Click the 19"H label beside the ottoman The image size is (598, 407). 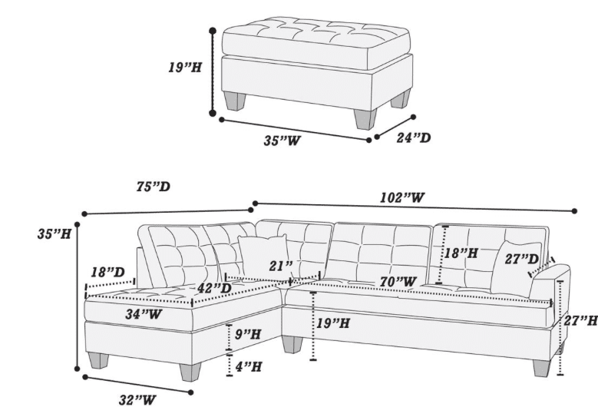[185, 68]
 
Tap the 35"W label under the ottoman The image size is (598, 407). [282, 141]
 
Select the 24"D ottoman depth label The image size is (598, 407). [414, 137]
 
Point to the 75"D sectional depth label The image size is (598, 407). [154, 187]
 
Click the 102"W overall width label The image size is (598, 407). [402, 197]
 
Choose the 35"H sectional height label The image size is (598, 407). [55, 233]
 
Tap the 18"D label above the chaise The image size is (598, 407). [108, 272]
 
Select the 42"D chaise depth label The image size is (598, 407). [214, 288]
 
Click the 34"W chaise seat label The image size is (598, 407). [144, 314]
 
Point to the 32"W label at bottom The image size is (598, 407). [137, 400]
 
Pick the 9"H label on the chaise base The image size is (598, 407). [248, 334]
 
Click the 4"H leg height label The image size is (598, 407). [249, 366]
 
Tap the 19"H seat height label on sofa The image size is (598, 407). [333, 323]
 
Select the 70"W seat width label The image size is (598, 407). [398, 282]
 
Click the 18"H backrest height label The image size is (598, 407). [461, 253]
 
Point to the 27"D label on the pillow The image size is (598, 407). [522, 259]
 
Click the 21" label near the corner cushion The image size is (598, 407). [281, 266]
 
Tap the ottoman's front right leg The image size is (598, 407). [365, 119]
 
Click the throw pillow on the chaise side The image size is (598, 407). [263, 256]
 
